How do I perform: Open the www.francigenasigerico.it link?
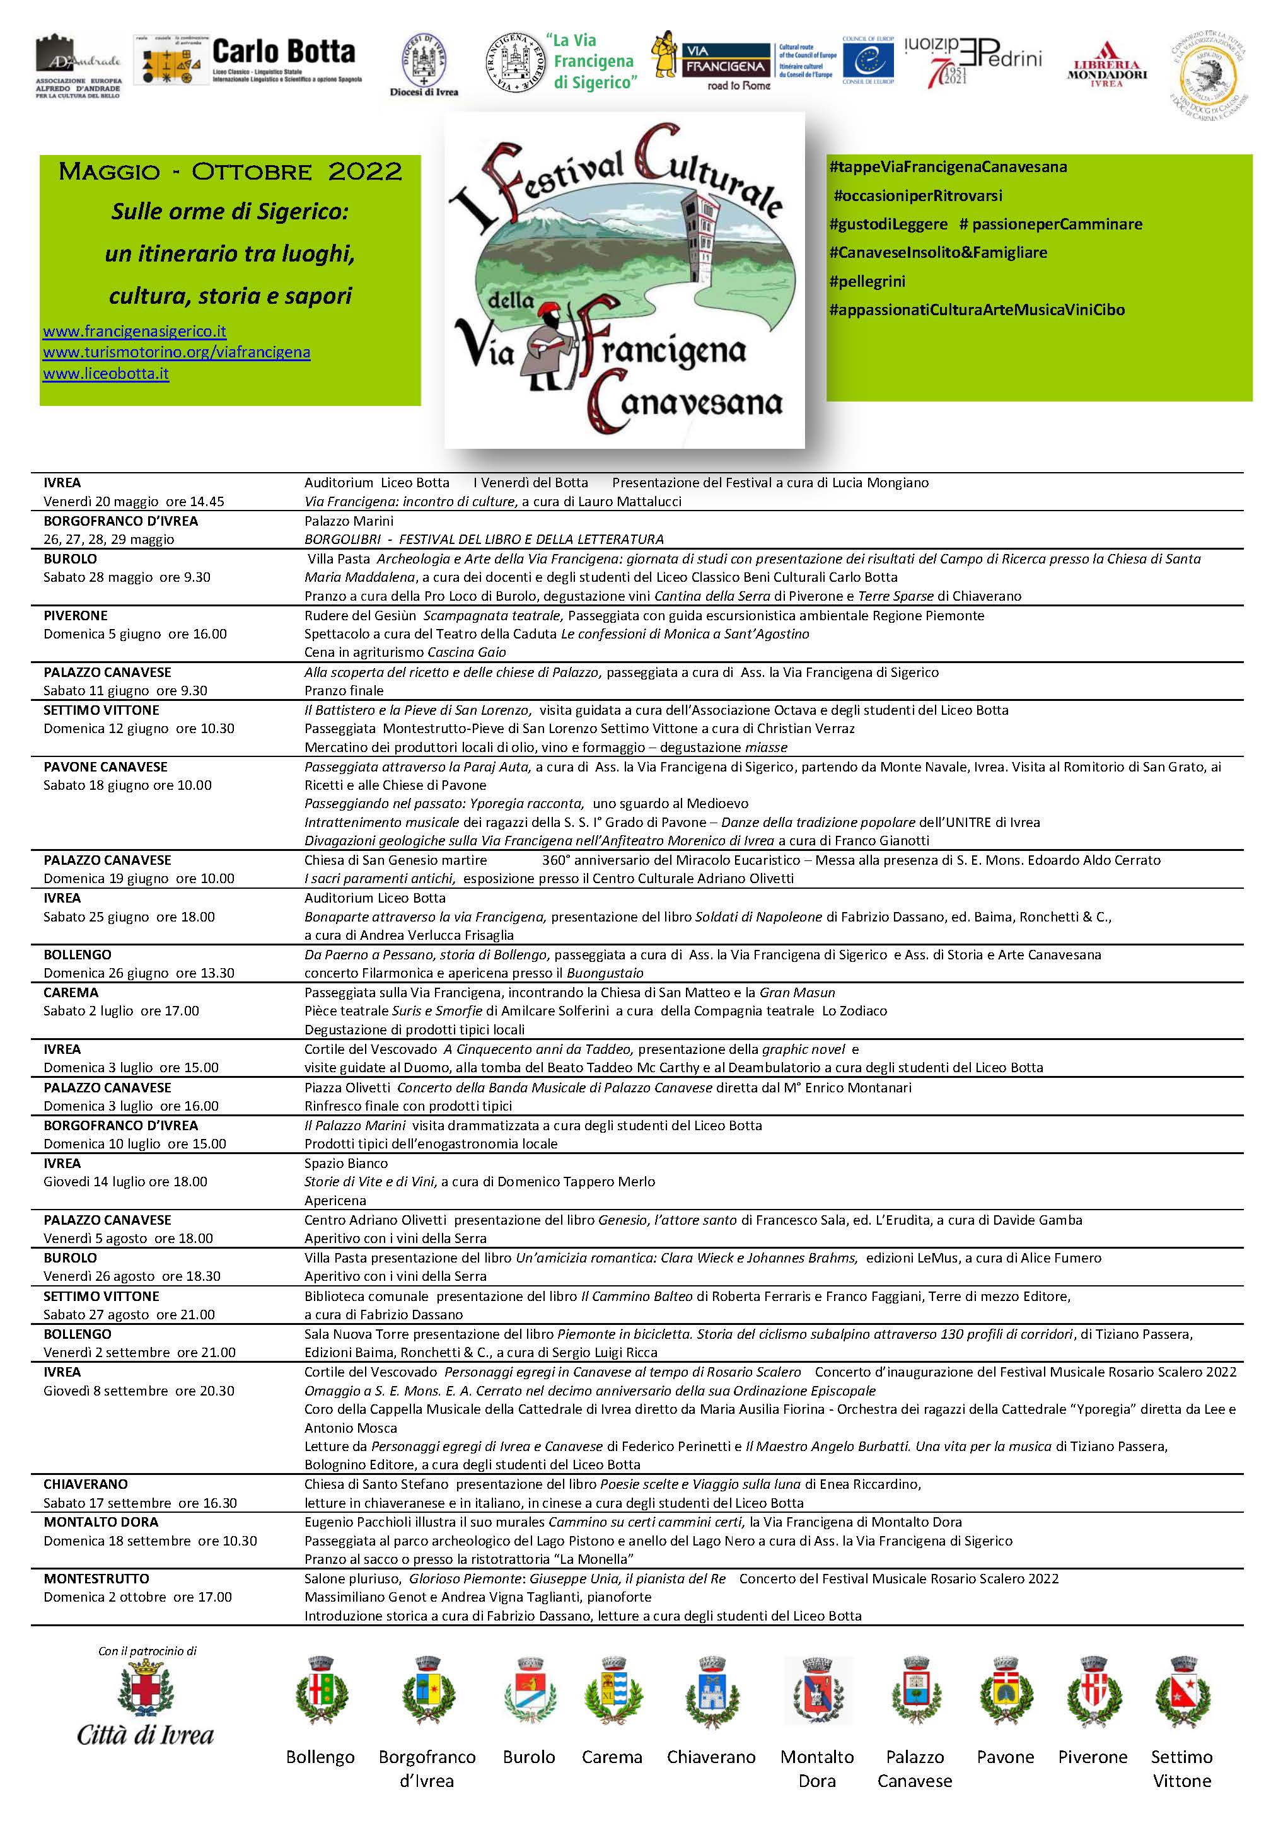(135, 332)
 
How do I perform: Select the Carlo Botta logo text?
(283, 52)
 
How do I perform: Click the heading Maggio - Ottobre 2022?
(230, 172)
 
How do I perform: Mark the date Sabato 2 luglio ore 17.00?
(121, 1010)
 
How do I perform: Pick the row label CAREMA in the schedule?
(71, 992)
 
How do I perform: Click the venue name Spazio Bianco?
(345, 1164)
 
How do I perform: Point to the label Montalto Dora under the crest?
(817, 1768)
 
